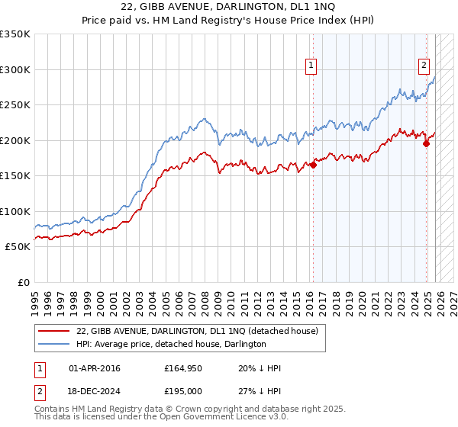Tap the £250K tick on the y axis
pos(15,105)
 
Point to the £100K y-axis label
pos(15,211)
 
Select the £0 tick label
pos(22,282)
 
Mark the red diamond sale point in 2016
pos(313,165)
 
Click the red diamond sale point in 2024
pos(427,144)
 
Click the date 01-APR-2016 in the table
pos(94,369)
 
